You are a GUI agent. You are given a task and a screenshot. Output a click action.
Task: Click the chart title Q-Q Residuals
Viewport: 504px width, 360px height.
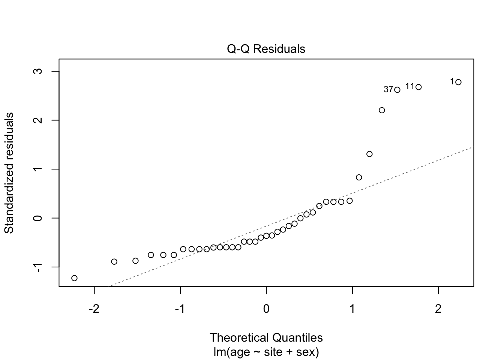click(x=266, y=49)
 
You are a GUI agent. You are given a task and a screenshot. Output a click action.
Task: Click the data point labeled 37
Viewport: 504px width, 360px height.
click(x=397, y=90)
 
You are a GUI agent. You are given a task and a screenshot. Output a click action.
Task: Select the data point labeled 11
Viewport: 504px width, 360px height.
click(x=418, y=87)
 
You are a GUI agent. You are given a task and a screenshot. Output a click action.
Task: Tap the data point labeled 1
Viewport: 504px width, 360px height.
click(x=458, y=82)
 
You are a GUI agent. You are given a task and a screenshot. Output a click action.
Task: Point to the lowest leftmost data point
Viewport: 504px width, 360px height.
click(x=74, y=278)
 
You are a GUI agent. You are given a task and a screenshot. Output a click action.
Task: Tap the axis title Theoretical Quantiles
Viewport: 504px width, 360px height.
click(x=266, y=337)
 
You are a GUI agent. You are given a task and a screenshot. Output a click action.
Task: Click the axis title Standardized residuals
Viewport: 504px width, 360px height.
click(x=9, y=173)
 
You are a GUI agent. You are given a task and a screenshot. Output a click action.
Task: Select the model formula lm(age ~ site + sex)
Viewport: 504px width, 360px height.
click(x=266, y=352)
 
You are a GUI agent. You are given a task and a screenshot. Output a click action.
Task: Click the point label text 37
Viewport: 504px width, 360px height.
click(x=388, y=90)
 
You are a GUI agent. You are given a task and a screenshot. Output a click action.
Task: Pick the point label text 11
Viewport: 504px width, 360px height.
click(x=409, y=87)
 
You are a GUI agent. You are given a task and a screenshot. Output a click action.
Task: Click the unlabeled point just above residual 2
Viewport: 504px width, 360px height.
click(x=382, y=110)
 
